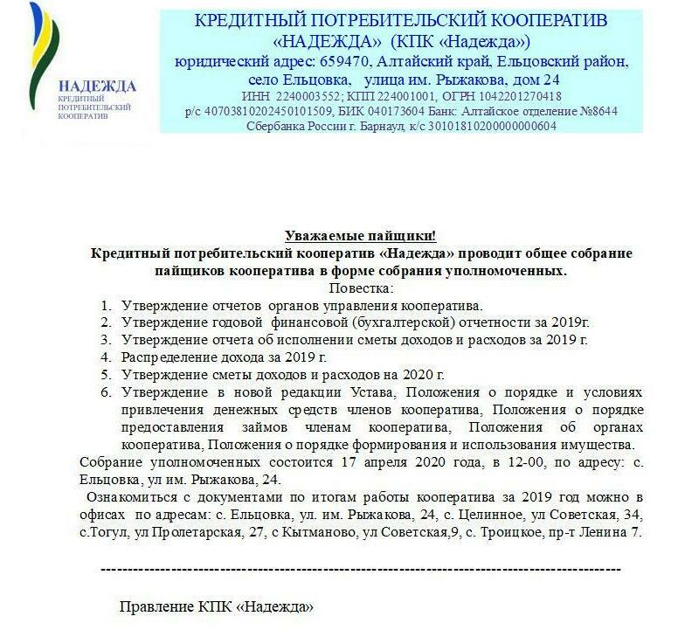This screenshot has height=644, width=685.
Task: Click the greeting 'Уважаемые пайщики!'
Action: tap(360, 237)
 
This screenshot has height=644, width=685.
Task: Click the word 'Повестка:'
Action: tap(360, 287)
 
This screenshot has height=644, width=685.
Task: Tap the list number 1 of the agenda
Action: tap(105, 306)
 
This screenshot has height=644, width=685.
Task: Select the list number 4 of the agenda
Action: tap(105, 357)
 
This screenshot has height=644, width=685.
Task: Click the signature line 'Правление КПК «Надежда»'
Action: tap(216, 606)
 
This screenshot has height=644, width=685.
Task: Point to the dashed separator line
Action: tap(360, 569)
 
